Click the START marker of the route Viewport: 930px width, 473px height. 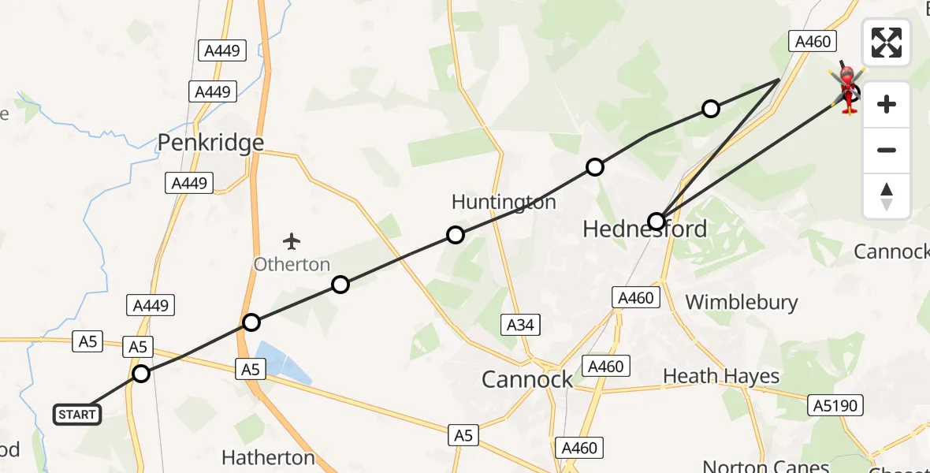[x=77, y=414]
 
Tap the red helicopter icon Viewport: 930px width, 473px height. [x=847, y=89]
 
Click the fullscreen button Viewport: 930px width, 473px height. [x=887, y=43]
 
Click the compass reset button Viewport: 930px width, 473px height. [x=887, y=197]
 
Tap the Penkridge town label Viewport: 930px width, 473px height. [x=210, y=143]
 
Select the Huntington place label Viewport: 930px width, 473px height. [x=504, y=202]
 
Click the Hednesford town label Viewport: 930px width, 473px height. [x=644, y=229]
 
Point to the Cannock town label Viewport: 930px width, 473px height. [x=527, y=380]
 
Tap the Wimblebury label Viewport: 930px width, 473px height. [x=741, y=302]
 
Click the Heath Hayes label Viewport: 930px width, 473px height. [x=721, y=376]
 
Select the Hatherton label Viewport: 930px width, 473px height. [x=268, y=458]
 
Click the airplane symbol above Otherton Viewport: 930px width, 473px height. [x=292, y=240]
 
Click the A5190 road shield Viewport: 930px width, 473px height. [x=835, y=405]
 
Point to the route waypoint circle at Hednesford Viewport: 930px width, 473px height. [x=657, y=221]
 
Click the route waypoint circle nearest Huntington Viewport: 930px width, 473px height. [x=456, y=234]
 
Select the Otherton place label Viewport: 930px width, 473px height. [x=292, y=264]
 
